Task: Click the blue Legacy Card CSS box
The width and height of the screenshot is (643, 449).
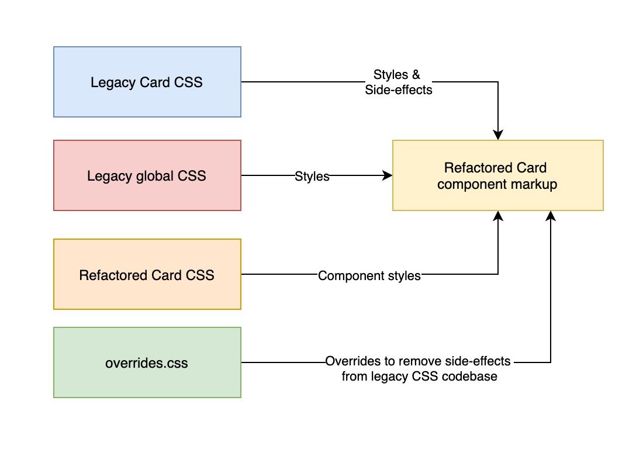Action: (x=147, y=82)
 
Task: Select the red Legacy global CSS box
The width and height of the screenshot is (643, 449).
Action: (x=147, y=175)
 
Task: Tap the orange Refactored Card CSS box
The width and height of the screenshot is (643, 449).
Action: (x=147, y=274)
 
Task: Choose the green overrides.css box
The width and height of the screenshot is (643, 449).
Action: (x=147, y=362)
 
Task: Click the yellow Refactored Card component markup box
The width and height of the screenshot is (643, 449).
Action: (x=497, y=175)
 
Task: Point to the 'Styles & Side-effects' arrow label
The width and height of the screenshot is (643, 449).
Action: (x=398, y=82)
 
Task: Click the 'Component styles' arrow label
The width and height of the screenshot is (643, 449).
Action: (x=369, y=275)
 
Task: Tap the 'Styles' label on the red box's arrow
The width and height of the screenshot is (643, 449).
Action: (x=312, y=177)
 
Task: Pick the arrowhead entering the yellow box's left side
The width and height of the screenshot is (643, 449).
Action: (x=387, y=175)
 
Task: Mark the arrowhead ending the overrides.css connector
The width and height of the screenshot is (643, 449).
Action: (x=550, y=216)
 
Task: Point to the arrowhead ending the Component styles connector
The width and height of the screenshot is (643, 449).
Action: (x=498, y=216)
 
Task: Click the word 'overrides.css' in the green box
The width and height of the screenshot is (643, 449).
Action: (x=147, y=363)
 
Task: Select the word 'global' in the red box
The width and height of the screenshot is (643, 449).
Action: (x=151, y=176)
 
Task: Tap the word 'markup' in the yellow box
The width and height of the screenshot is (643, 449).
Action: (x=534, y=184)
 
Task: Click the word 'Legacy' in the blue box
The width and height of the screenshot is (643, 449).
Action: (x=112, y=82)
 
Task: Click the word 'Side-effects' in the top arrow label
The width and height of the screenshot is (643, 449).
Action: (x=399, y=90)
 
